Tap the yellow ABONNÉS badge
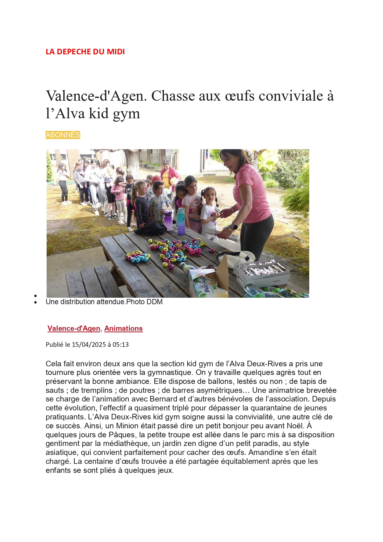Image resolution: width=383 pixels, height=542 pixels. (x=63, y=135)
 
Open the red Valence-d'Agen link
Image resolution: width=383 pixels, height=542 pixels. (x=74, y=328)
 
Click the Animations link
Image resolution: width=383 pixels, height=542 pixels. (x=123, y=328)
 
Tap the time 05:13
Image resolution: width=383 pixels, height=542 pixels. (x=121, y=345)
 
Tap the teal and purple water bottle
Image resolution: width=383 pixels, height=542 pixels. (x=181, y=221)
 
